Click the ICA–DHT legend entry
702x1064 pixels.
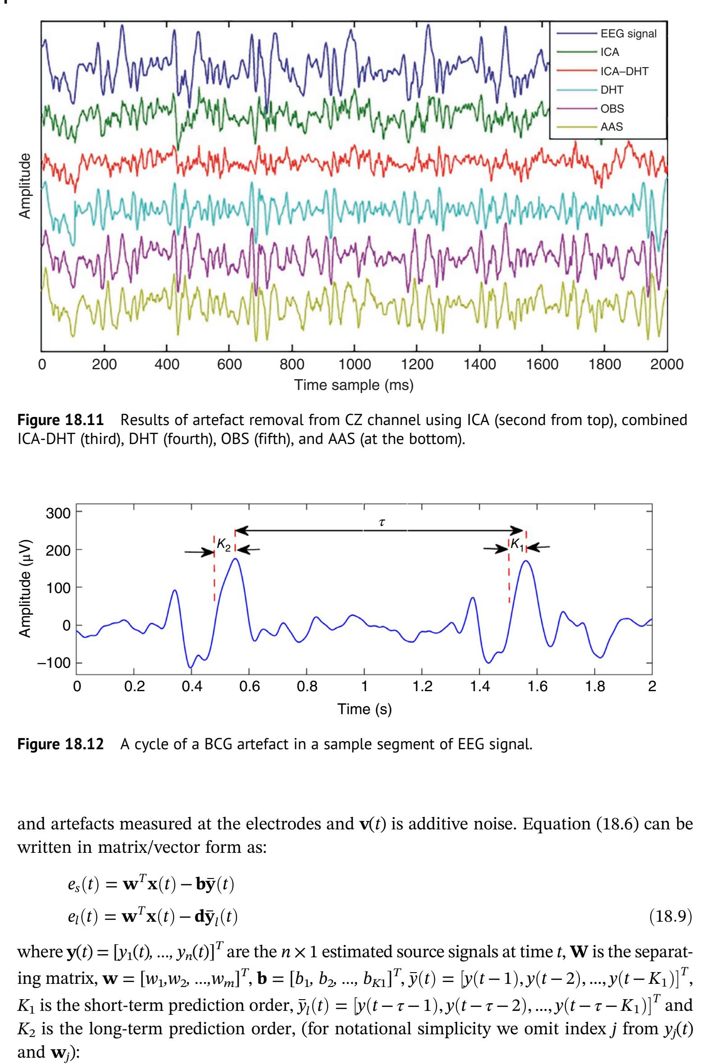624,71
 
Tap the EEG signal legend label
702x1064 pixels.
629,34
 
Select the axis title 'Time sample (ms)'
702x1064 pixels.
354,385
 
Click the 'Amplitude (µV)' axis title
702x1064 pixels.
25,588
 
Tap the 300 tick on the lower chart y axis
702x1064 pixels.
58,513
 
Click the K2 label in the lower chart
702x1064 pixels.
224,545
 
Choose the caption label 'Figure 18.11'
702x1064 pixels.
60,421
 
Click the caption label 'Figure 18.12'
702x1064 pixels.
60,745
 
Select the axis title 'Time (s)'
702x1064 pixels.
365,709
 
